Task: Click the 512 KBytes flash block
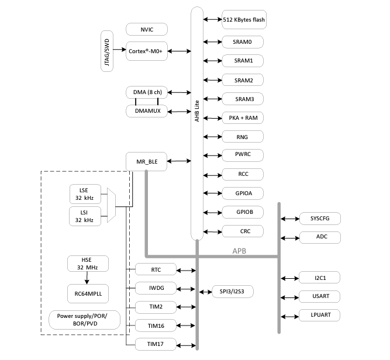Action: (243, 19)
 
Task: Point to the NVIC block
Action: (147, 29)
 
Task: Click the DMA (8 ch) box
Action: (147, 92)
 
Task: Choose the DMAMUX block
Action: (147, 110)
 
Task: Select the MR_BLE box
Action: (147, 161)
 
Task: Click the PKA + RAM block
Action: (243, 117)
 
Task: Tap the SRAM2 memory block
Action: (243, 80)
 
